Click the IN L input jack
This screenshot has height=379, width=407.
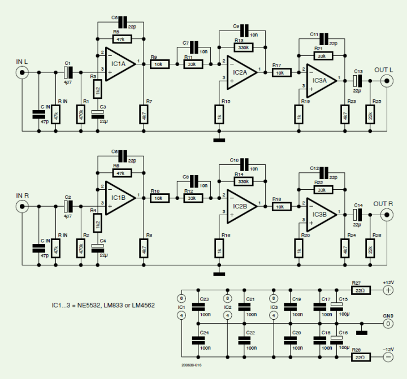[x=22, y=72]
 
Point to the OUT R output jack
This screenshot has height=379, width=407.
[x=387, y=215]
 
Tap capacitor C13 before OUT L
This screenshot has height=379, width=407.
[x=357, y=81]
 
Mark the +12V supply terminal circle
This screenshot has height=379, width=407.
[x=388, y=290]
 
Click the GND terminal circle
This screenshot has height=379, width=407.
[x=388, y=324]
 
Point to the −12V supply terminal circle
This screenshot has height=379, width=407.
[x=388, y=357]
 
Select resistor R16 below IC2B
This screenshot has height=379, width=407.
[x=218, y=248]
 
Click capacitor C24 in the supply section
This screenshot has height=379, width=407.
[x=198, y=340]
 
